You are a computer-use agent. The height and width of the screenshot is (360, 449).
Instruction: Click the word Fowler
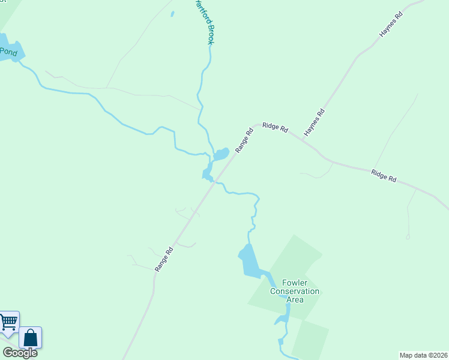pyautogui.click(x=294, y=283)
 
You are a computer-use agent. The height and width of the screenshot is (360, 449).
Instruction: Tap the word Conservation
pyautogui.click(x=295, y=292)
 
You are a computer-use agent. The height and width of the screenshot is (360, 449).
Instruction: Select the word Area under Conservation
pyautogui.click(x=295, y=299)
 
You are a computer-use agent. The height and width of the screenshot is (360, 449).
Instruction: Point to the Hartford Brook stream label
pyautogui.click(x=205, y=23)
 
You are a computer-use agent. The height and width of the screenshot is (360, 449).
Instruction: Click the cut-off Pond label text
pyautogui.click(x=8, y=52)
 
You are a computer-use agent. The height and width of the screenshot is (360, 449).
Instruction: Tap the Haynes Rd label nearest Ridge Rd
pyautogui.click(x=315, y=122)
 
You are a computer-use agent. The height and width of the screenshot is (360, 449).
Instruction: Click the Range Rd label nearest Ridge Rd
pyautogui.click(x=245, y=140)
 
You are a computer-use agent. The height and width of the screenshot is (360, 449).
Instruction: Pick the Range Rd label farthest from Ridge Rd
pyautogui.click(x=164, y=259)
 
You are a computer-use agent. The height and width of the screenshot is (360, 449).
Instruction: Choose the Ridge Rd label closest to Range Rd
pyautogui.click(x=276, y=128)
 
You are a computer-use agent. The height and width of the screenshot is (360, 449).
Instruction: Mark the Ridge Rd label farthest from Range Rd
pyautogui.click(x=384, y=176)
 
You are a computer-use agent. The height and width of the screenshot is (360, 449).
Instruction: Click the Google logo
pyautogui.click(x=19, y=353)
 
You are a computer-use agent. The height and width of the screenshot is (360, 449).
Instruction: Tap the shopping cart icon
pyautogui.click(x=8, y=322)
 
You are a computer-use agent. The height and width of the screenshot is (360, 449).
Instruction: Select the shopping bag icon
pyautogui.click(x=31, y=338)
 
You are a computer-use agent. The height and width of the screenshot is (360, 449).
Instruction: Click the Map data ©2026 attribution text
pyautogui.click(x=423, y=355)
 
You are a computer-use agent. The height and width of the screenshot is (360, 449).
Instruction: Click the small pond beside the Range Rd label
pyautogui.click(x=221, y=154)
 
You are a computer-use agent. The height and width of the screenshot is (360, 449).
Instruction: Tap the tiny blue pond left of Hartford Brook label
pyautogui.click(x=172, y=13)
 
